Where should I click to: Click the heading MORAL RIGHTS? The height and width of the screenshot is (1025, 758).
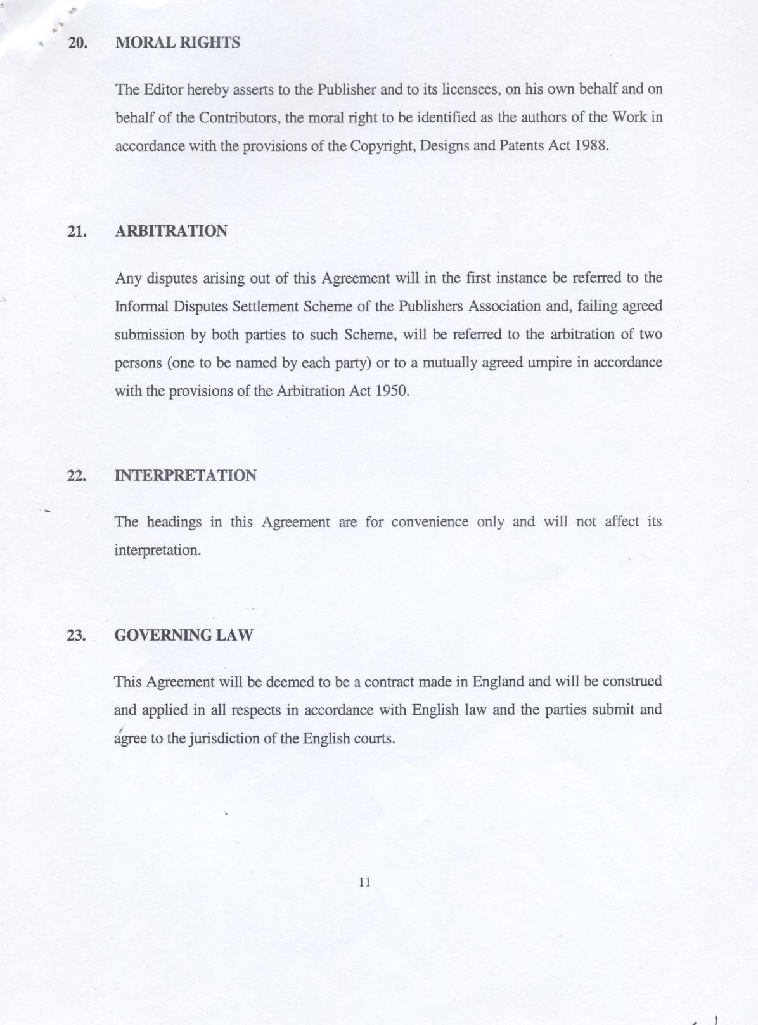(x=177, y=43)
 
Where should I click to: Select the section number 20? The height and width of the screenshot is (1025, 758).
(x=77, y=43)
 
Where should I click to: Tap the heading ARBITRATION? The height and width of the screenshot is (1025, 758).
(x=171, y=231)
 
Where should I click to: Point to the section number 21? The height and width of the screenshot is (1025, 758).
(x=77, y=232)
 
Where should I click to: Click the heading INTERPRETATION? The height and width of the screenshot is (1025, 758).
(x=185, y=476)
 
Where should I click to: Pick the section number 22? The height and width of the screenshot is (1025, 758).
(x=77, y=476)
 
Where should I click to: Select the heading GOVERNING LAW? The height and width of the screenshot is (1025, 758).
(x=183, y=635)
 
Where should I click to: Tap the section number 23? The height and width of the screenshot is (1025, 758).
(x=77, y=636)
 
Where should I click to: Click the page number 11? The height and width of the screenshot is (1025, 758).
(x=364, y=882)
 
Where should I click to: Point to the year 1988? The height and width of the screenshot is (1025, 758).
(x=591, y=145)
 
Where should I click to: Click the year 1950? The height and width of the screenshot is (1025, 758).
(x=392, y=391)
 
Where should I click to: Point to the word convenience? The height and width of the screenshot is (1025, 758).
(x=430, y=522)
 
